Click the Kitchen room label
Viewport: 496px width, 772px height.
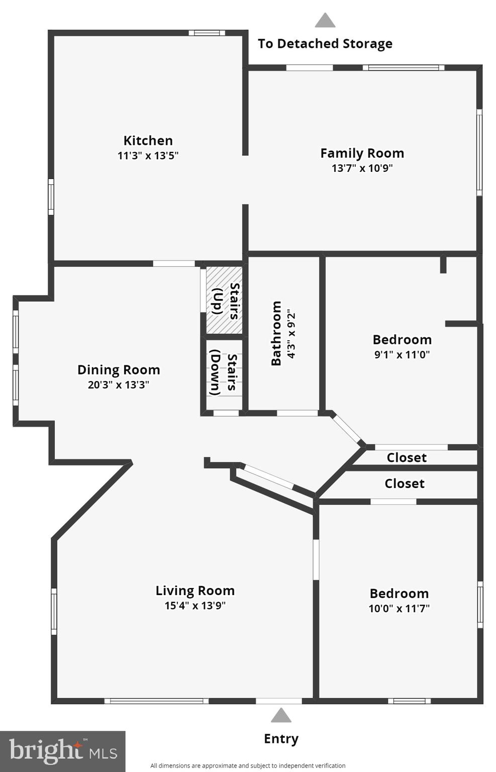coord(148,140)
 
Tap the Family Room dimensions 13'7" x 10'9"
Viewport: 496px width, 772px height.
coord(362,168)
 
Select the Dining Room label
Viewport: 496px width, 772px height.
coord(119,370)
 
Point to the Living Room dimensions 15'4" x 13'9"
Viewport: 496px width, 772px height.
coord(195,606)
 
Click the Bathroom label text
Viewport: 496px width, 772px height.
coord(276,333)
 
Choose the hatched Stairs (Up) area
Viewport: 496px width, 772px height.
coord(224,300)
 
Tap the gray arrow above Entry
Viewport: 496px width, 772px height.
coord(281,715)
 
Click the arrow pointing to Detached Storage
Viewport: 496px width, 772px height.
coord(325,21)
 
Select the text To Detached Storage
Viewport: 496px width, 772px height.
coord(325,44)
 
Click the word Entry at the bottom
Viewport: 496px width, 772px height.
coord(281,738)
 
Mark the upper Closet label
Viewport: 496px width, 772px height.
coord(407,457)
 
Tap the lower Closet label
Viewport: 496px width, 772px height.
coord(405,484)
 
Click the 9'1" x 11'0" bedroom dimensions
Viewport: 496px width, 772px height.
coord(402,354)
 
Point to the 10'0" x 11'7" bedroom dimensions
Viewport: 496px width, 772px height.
coord(399,608)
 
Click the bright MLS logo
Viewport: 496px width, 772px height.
coord(62,751)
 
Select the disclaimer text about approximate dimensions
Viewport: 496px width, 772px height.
coord(248,765)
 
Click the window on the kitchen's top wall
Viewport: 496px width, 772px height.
coord(207,33)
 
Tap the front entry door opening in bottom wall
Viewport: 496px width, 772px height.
coord(278,701)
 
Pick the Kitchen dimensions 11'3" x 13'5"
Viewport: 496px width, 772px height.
coord(148,155)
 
